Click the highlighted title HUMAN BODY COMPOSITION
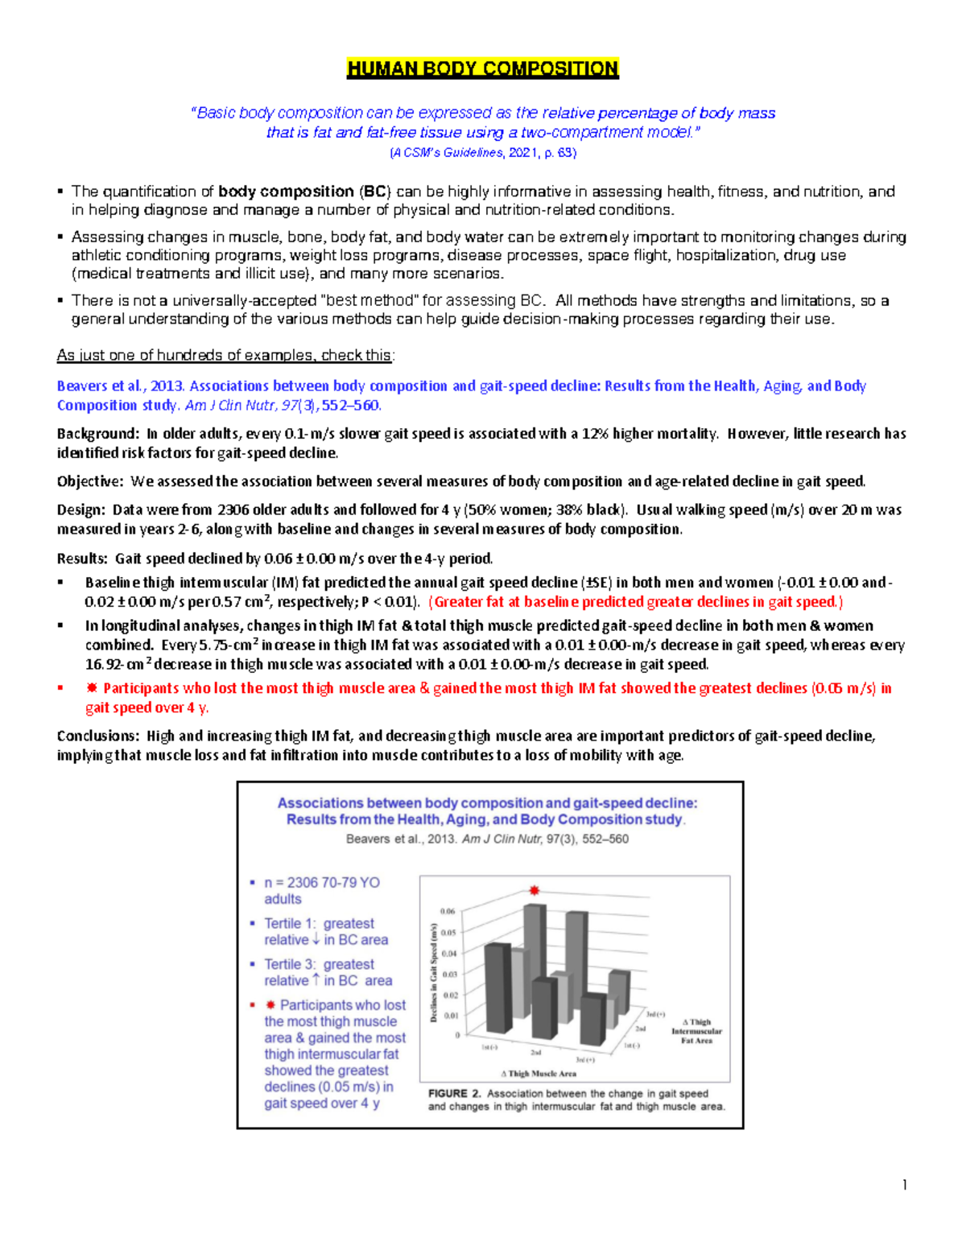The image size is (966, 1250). click(x=482, y=68)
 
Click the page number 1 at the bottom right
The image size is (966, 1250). click(x=905, y=1184)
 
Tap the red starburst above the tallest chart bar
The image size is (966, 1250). click(x=534, y=890)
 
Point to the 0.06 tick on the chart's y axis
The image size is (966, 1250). click(x=448, y=911)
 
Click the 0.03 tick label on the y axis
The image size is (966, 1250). click(x=449, y=974)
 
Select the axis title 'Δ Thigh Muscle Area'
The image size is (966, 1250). click(x=539, y=1073)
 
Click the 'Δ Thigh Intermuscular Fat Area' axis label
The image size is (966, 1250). click(x=696, y=1031)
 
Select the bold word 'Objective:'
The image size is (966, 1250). click(x=90, y=481)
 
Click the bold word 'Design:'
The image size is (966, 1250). click(x=80, y=509)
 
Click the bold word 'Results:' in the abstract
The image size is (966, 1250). click(x=82, y=559)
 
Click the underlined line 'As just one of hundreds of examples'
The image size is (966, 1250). click(x=225, y=355)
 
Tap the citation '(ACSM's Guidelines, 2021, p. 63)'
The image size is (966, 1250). click(x=482, y=152)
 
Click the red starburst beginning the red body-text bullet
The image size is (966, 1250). click(x=92, y=688)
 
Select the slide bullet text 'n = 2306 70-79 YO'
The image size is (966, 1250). click(x=322, y=882)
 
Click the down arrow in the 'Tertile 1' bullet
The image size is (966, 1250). click(x=316, y=940)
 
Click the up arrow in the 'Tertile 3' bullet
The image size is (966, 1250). click(x=316, y=980)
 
